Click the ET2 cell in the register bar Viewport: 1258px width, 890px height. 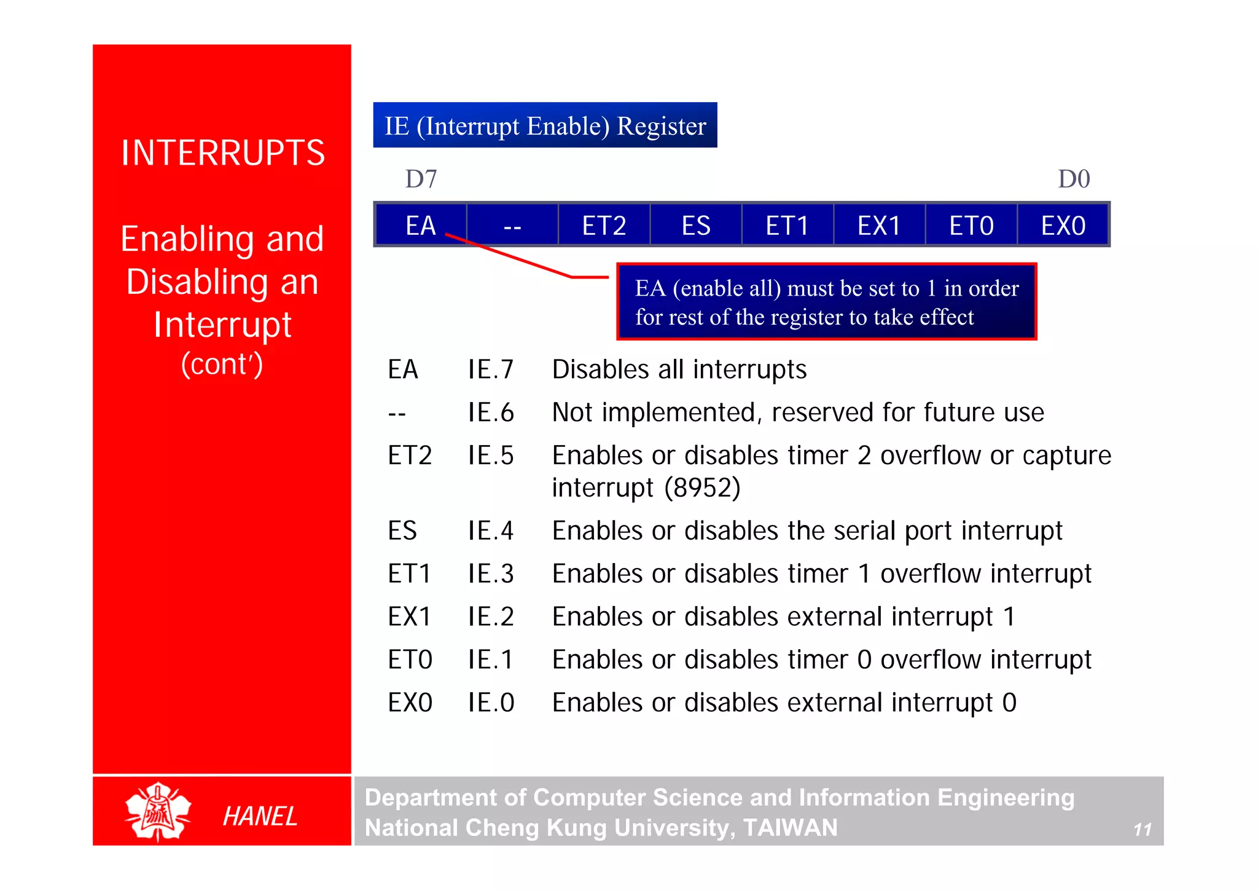pyautogui.click(x=604, y=226)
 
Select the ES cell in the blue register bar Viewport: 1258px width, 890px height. pyautogui.click(x=696, y=226)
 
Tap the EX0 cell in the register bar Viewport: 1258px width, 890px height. pyautogui.click(x=1063, y=226)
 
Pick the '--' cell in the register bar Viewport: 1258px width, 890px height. pyautogui.click(x=512, y=226)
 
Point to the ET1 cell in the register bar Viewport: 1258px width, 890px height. pyautogui.click(x=787, y=226)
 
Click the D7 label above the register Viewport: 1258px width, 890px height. pyautogui.click(x=421, y=179)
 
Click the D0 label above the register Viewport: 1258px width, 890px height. pyautogui.click(x=1074, y=179)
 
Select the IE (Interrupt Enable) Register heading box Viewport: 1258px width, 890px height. pyautogui.click(x=545, y=125)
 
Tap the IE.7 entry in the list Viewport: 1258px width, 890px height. pyautogui.click(x=490, y=369)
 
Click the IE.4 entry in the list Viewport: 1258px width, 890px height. pyautogui.click(x=490, y=530)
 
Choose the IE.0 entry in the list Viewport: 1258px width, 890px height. pyautogui.click(x=490, y=703)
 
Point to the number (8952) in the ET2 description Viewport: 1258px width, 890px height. pyautogui.click(x=703, y=488)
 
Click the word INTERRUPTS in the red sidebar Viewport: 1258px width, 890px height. pyautogui.click(x=222, y=153)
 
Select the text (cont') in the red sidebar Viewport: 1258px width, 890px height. pyautogui.click(x=222, y=364)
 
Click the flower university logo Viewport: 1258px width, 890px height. pyautogui.click(x=158, y=811)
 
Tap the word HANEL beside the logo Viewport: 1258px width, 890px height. pyautogui.click(x=260, y=816)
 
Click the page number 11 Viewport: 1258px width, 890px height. pyautogui.click(x=1142, y=830)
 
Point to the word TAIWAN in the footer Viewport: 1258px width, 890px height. pyautogui.click(x=790, y=827)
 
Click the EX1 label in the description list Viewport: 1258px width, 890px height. pyautogui.click(x=409, y=616)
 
